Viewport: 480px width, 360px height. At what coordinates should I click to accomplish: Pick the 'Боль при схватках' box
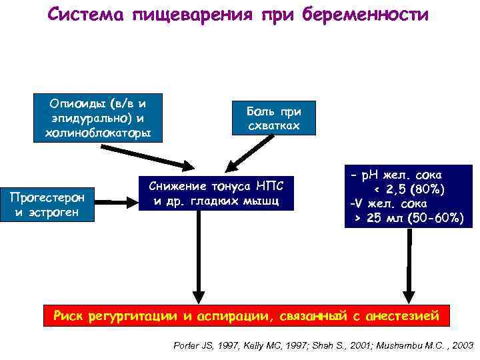coord(265,117)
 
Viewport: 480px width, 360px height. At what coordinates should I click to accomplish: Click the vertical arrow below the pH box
coord(405,267)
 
